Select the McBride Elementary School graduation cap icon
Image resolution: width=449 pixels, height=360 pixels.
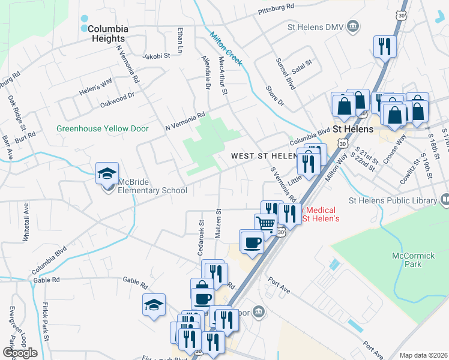pos(107,174)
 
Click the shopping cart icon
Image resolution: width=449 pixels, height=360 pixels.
pos(265,224)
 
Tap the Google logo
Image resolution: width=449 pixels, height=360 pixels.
pos(20,353)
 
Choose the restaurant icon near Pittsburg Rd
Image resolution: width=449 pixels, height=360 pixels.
pos(383,46)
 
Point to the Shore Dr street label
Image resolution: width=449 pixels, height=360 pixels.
pos(274,96)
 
